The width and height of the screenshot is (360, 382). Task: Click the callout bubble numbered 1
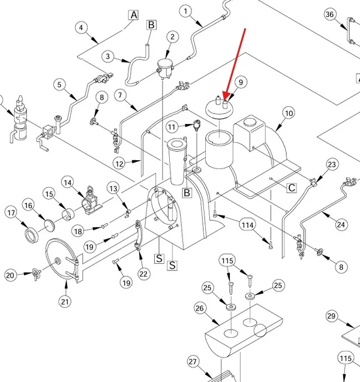186,11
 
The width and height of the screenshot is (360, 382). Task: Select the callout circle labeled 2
173,37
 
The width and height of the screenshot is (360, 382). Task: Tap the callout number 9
241,82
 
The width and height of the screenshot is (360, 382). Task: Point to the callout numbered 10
289,113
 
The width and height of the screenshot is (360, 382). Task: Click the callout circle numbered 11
172,127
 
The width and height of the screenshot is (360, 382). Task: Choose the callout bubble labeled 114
248,225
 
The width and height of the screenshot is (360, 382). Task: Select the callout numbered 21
65,302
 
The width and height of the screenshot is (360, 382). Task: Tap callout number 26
200,308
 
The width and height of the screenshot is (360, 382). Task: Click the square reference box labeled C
292,188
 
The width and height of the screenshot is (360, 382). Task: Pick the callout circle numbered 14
68,182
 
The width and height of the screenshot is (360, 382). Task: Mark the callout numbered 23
332,165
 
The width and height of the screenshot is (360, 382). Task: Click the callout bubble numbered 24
341,225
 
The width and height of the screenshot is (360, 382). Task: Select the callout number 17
11,213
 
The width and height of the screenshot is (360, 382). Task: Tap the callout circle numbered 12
119,164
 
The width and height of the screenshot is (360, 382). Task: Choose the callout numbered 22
143,274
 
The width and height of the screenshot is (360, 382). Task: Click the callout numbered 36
329,14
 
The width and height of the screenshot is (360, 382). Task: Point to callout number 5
59,85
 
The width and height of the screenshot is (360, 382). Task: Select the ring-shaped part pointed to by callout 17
31,235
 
